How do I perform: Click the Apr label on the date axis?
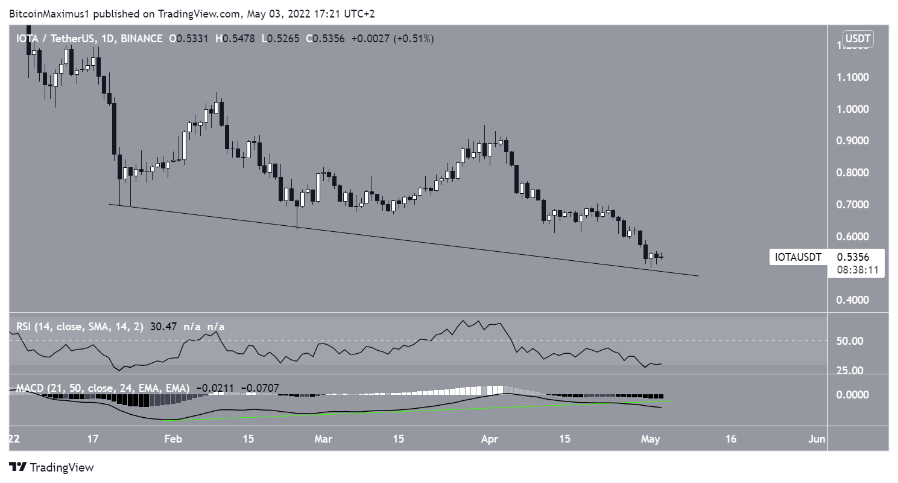(489, 439)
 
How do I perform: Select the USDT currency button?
(860, 39)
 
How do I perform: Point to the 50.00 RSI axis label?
(850, 341)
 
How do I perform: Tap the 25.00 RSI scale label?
(850, 370)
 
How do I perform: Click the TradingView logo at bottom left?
(52, 467)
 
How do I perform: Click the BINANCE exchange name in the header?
(141, 39)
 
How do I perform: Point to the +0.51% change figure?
(413, 39)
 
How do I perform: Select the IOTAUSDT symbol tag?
(798, 258)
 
